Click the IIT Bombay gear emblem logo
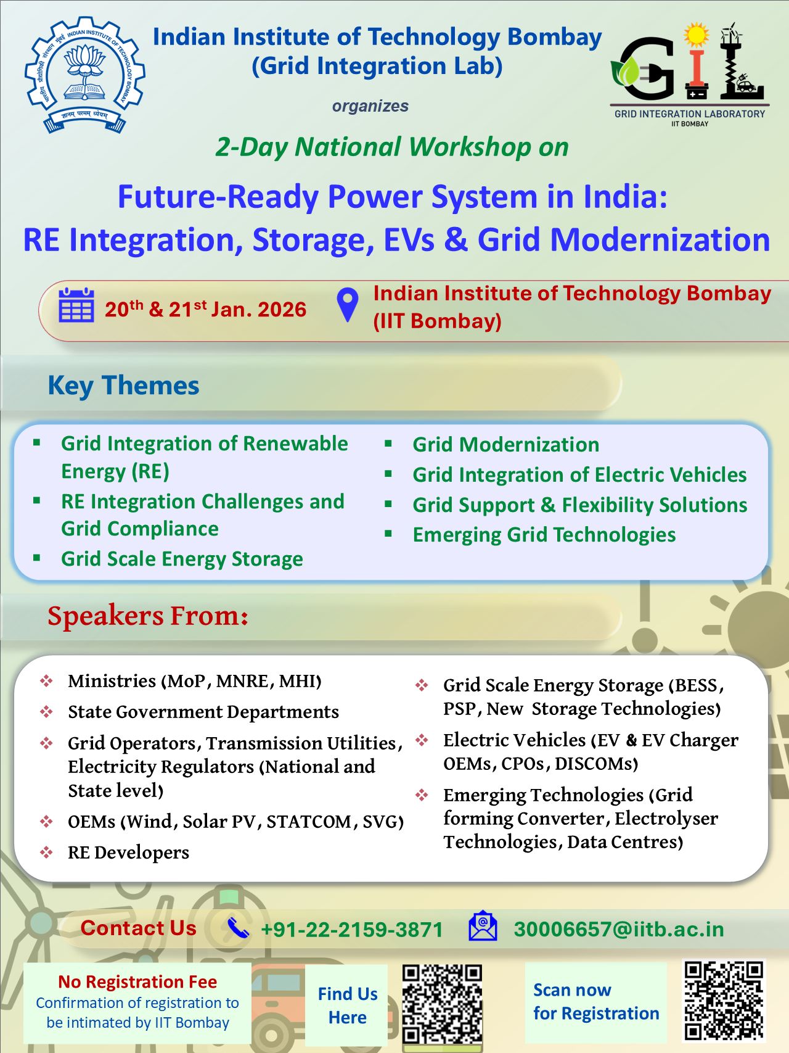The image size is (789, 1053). [84, 75]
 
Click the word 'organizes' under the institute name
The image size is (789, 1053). [370, 106]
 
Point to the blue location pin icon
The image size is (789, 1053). [348, 304]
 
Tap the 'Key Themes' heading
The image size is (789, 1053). [123, 386]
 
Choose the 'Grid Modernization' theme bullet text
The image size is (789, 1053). [505, 444]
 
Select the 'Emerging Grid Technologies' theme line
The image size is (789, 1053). [544, 535]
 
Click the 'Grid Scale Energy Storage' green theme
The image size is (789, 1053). [182, 559]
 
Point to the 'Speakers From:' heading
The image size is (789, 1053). [148, 616]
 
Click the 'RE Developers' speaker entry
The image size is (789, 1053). [128, 853]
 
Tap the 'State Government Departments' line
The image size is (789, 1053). [203, 712]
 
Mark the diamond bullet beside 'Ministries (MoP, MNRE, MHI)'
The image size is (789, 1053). [46, 681]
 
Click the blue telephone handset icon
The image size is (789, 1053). [238, 928]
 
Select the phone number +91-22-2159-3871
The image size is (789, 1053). [352, 930]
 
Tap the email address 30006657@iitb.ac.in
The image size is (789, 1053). [619, 929]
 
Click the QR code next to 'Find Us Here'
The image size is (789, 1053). [442, 1004]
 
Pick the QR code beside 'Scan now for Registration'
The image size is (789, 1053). [724, 1001]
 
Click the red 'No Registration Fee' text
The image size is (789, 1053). [137, 981]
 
